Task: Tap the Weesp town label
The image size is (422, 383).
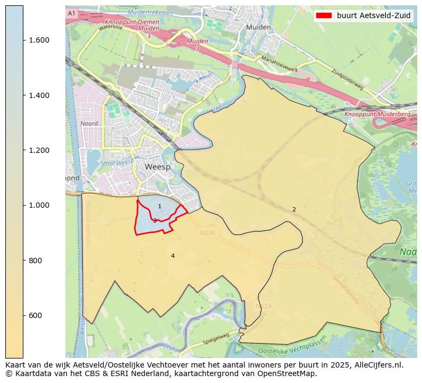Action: [x=158, y=167]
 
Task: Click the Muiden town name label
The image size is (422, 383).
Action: [x=259, y=27]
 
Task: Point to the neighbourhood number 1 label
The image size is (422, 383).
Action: [x=159, y=206]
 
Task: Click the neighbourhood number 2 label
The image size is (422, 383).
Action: [x=294, y=209]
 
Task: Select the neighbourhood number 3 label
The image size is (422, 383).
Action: [x=155, y=221]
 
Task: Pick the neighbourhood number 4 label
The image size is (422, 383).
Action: [x=173, y=256]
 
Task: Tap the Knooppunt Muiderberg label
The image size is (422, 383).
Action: [x=370, y=114]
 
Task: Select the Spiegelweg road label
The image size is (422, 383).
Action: [x=216, y=338]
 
